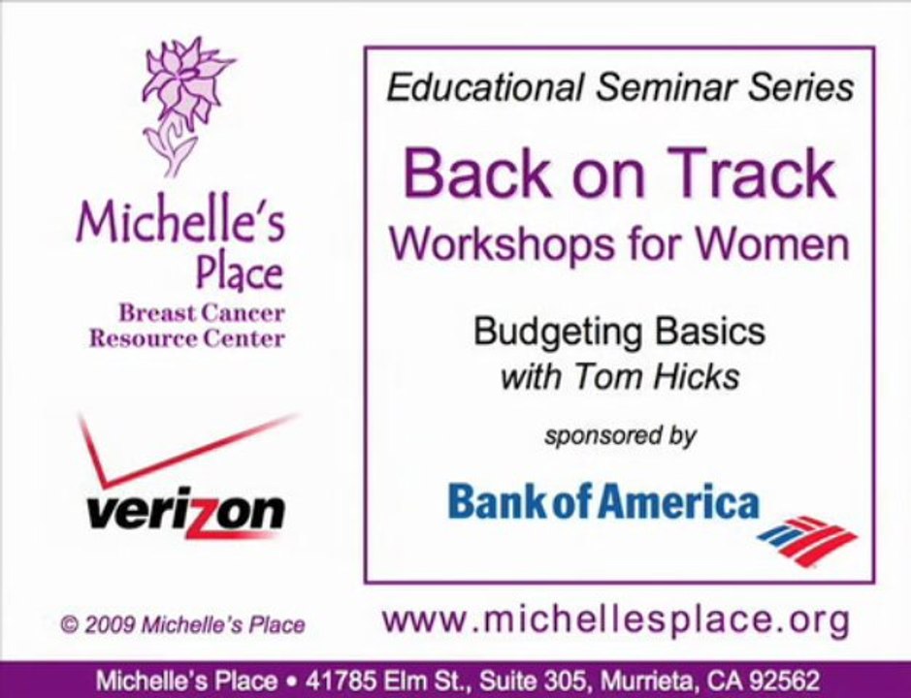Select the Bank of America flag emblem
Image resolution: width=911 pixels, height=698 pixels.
[807, 541]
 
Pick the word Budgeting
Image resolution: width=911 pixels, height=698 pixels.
[558, 333]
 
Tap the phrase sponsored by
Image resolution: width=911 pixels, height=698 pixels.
[620, 435]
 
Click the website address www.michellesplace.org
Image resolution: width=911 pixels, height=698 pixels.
[616, 620]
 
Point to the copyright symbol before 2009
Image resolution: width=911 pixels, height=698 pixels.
[70, 625]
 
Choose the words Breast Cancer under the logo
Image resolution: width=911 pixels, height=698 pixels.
[202, 313]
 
